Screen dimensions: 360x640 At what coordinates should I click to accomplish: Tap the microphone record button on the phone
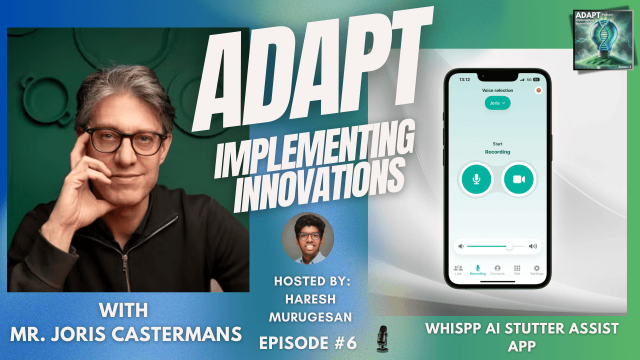tap(476, 179)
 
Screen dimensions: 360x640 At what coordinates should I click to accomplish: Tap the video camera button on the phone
tap(519, 179)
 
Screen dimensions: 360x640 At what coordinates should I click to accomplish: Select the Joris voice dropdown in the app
tap(497, 102)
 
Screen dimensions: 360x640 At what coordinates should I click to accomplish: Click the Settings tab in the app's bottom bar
tap(536, 270)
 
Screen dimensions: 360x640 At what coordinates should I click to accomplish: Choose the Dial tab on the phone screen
tap(517, 270)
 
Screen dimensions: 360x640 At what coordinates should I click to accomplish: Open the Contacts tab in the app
tap(497, 270)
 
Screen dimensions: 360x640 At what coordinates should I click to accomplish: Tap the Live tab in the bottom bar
tap(458, 270)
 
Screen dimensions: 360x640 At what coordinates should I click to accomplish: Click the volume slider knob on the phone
tap(509, 246)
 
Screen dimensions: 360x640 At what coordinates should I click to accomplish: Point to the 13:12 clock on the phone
tap(464, 79)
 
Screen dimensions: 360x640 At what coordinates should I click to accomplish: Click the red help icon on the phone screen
tap(538, 90)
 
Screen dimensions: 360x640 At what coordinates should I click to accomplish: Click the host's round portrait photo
tap(308, 238)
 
